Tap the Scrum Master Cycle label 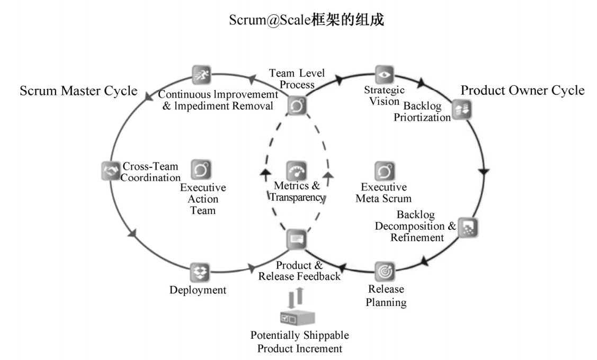tap(78, 91)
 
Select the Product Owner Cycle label tap(522, 90)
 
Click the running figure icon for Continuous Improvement tap(201, 74)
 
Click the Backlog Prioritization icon tap(462, 110)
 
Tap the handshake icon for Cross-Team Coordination tap(111, 170)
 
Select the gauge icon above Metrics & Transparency tap(297, 170)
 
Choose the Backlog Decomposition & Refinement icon tap(468, 228)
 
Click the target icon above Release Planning tap(385, 271)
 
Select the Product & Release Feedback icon tap(297, 240)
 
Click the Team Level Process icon tap(297, 105)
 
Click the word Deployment tap(198, 290)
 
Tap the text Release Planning tap(386, 296)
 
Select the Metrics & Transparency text tap(297, 192)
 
